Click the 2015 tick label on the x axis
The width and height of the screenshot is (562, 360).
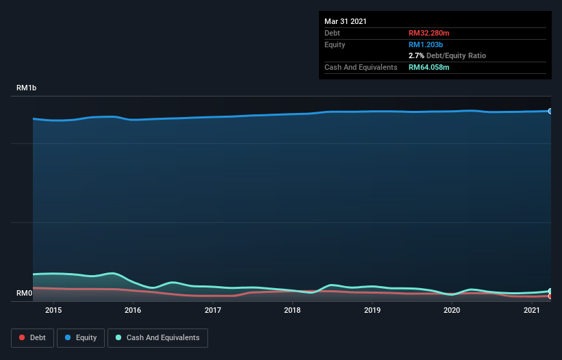tap(53, 311)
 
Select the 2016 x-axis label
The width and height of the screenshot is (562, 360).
tap(133, 311)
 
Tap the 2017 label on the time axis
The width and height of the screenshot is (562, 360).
tap(213, 311)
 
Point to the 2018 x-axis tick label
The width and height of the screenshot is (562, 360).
tap(292, 311)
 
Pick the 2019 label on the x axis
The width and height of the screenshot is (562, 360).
tap(372, 311)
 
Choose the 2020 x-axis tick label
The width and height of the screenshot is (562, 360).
tap(452, 311)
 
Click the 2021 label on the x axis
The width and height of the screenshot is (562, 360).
tap(532, 311)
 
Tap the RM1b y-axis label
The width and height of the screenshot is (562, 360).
tap(27, 88)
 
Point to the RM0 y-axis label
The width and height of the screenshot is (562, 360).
tap(25, 294)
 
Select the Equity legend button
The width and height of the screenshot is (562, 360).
tap(81, 337)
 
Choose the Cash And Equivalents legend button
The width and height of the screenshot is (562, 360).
tap(157, 337)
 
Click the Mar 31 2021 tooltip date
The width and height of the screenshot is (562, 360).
tap(346, 21)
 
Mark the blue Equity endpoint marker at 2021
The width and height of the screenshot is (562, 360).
tap(550, 111)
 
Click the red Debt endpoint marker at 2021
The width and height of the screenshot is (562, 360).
tap(550, 296)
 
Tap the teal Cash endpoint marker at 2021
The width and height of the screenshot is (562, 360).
tap(550, 291)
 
